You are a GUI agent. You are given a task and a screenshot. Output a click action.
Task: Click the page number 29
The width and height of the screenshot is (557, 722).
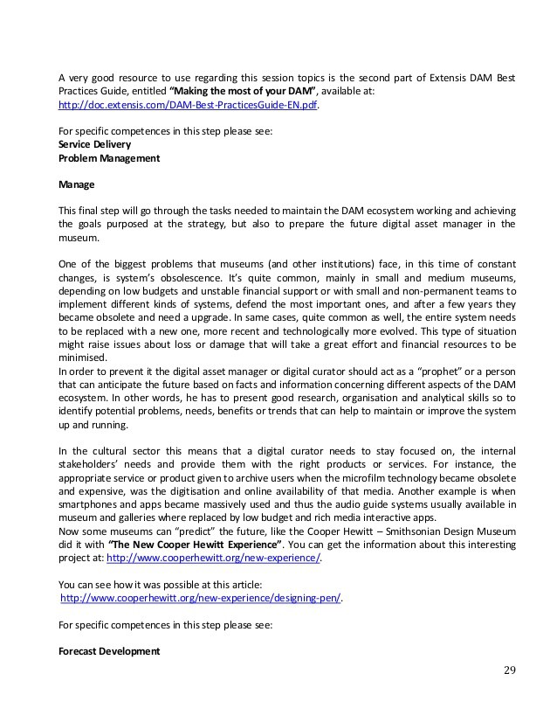pyautogui.click(x=509, y=670)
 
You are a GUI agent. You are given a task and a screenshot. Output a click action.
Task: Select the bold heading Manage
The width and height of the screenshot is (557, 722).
pyautogui.click(x=76, y=185)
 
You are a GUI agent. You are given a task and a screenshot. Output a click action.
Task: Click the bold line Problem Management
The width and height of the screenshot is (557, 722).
pyautogui.click(x=109, y=158)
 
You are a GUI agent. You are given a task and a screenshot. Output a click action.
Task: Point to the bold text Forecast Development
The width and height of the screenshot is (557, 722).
pyautogui.click(x=109, y=651)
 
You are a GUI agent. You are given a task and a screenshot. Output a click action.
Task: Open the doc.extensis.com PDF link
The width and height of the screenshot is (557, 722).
pyautogui.click(x=188, y=105)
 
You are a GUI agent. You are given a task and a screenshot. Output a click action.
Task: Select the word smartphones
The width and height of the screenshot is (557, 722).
pyautogui.click(x=91, y=506)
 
